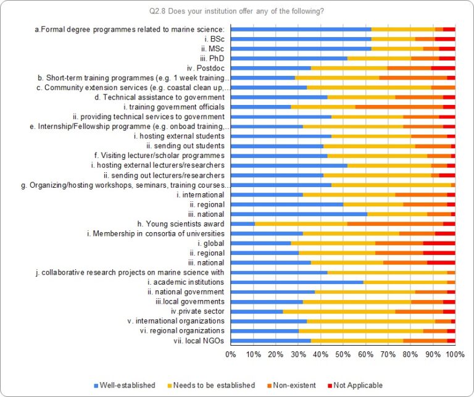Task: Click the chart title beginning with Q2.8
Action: [x=237, y=10]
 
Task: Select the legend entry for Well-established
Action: [x=124, y=385]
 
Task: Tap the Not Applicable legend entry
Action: [x=356, y=385]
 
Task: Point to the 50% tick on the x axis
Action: [x=343, y=354]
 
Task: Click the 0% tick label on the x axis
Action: [x=231, y=354]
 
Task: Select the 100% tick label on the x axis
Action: [x=455, y=354]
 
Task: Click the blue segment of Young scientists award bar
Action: [x=243, y=224]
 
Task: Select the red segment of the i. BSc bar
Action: [x=445, y=39]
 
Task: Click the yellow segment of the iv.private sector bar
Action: [x=339, y=311]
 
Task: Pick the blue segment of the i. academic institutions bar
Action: [x=297, y=282]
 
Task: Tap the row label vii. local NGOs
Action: [x=201, y=341]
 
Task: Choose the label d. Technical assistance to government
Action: [x=159, y=98]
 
